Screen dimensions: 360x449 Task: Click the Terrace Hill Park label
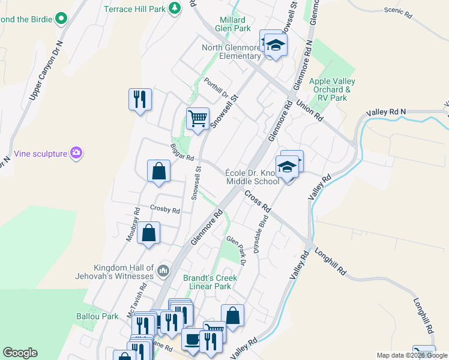[134, 9]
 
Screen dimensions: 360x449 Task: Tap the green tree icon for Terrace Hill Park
[174, 8]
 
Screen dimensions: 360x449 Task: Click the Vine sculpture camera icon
[76, 153]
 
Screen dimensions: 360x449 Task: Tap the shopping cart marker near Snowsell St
[197, 118]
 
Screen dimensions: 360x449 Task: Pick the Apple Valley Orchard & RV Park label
[332, 89]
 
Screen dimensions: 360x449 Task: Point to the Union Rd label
[310, 111]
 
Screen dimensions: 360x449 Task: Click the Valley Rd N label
[385, 112]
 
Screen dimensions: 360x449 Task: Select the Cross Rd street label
[258, 200]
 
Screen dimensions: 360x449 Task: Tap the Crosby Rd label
[165, 210]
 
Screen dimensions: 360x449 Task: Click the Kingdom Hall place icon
[163, 272]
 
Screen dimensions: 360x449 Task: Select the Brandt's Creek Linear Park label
[209, 282]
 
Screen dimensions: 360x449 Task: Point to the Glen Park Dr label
[237, 250]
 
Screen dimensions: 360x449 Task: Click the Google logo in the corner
[20, 353]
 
